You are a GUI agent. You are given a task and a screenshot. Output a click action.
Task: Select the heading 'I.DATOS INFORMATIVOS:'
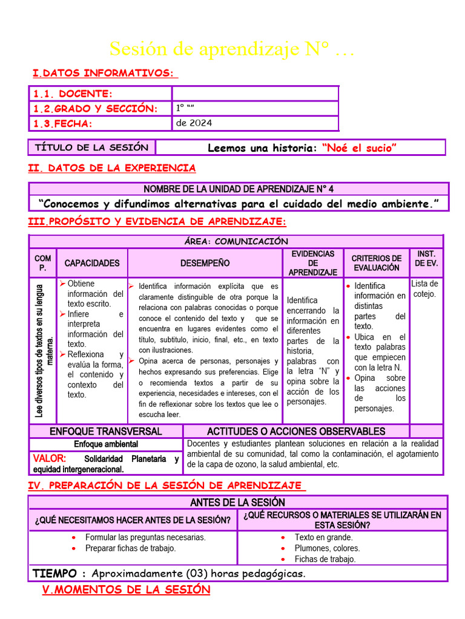pos(105,73)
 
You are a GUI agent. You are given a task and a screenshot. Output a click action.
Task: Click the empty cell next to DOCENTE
pos(255,94)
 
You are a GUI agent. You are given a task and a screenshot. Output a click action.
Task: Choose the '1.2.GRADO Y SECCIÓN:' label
pos(95,109)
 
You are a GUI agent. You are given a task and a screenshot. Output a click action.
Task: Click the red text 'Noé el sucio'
pos(360,148)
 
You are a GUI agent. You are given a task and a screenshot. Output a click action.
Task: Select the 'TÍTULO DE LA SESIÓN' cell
pos(91,147)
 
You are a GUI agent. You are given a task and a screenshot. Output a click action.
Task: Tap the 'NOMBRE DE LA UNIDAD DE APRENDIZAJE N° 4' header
pos(239,189)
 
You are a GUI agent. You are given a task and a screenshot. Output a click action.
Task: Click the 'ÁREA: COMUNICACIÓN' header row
pos(236,241)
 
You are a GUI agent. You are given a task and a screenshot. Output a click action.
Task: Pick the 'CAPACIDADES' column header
pos(92,263)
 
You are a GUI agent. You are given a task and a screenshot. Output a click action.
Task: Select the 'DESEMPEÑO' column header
pos(205,263)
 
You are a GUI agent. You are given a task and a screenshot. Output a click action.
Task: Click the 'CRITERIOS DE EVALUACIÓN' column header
pos(377,263)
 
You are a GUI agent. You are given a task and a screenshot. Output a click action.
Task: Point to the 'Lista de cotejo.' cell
pos(424,289)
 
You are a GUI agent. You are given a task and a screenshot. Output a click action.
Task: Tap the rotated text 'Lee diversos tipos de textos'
pos(43,350)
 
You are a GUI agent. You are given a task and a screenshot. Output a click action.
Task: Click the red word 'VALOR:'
pos(50,459)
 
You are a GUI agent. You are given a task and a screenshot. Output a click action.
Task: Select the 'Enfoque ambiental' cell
pos(106,444)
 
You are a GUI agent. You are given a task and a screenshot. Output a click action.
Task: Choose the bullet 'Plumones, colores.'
pos(327,548)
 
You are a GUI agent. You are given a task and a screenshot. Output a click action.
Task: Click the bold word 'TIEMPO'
pos(54,573)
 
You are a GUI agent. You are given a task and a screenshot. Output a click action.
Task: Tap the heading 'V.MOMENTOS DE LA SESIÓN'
pos(126,590)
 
